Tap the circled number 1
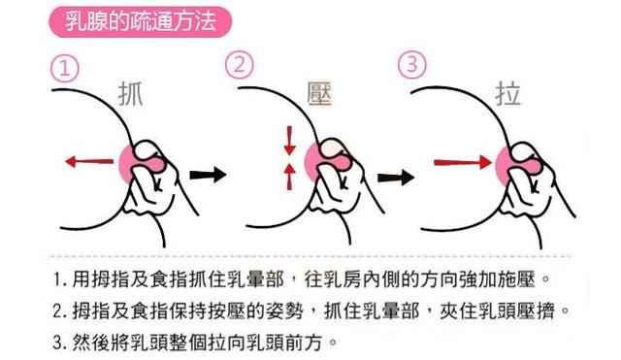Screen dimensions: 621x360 coord(63,70)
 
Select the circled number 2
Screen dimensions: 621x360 coord(239,66)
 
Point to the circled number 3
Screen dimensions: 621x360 coord(412,66)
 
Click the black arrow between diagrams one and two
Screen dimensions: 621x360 coord(207,176)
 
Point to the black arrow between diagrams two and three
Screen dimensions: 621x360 coord(391,178)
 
